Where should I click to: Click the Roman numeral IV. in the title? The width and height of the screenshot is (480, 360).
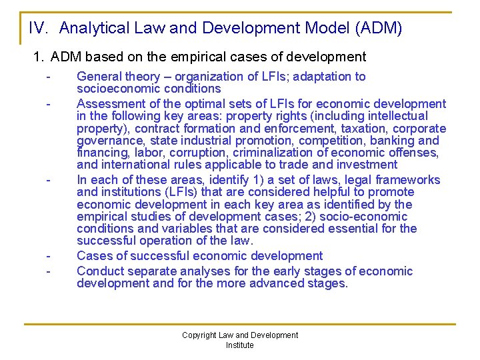pyautogui.click(x=39, y=28)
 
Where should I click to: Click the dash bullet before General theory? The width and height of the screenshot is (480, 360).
pyautogui.click(x=49, y=77)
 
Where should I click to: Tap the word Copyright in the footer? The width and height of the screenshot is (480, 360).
pyautogui.click(x=199, y=335)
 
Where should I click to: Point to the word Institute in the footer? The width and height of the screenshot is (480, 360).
pyautogui.click(x=240, y=345)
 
